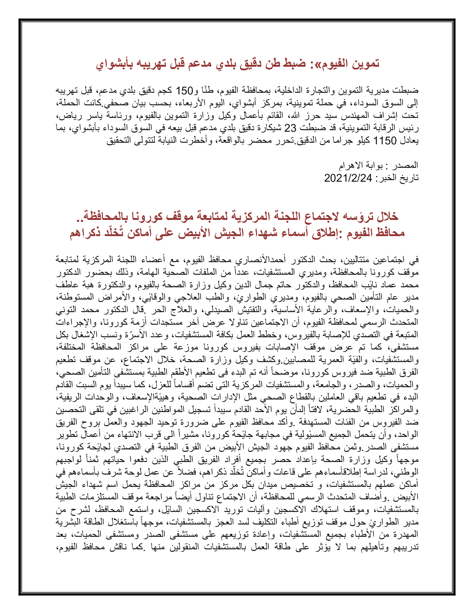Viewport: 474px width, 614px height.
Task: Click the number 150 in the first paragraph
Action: point(184,91)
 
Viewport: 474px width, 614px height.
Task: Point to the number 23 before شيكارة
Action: point(290,128)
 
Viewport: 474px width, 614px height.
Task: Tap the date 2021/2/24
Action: point(348,178)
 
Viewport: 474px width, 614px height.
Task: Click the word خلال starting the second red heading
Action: point(387,216)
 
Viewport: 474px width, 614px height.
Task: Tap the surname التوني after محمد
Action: point(64,310)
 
